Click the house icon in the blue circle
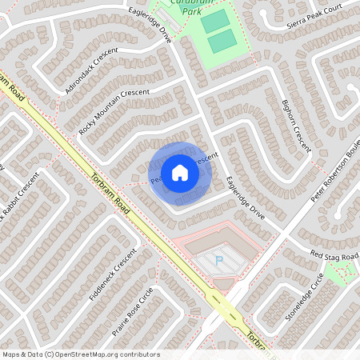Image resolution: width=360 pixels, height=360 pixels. click(x=179, y=173)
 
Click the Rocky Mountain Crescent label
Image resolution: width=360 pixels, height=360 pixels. click(x=114, y=110)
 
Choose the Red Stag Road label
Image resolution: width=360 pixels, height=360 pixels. click(x=334, y=255)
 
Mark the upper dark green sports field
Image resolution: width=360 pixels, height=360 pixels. click(x=214, y=22)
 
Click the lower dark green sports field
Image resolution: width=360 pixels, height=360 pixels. click(x=223, y=40)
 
